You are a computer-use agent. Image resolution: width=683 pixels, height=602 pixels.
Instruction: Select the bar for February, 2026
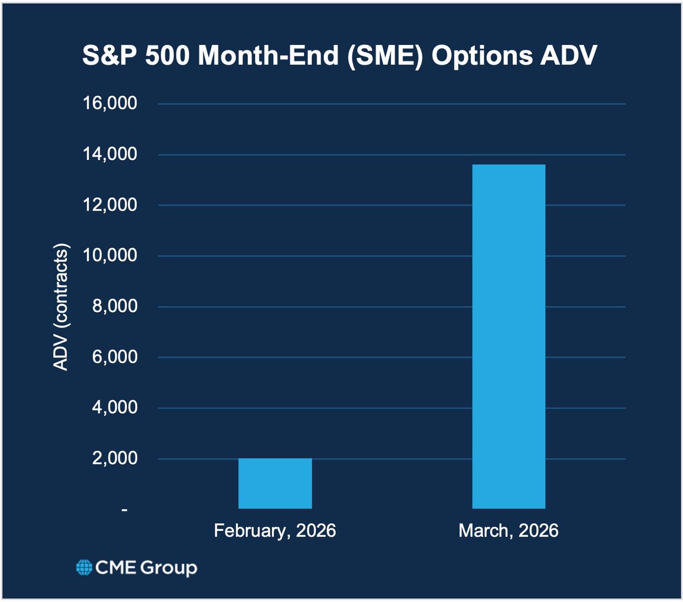coord(275,483)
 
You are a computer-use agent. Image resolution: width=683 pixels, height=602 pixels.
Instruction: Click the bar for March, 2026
coord(509,336)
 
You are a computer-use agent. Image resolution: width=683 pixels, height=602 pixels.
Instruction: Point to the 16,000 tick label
coord(111,104)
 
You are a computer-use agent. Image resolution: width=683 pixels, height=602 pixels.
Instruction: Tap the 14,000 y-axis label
coord(111,154)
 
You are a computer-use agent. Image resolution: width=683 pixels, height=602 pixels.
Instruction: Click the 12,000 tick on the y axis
coord(111,205)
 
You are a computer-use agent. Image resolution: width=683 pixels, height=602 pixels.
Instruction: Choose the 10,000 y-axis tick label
coord(111,256)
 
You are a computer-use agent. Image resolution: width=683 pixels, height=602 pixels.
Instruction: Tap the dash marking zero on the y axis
coord(124,510)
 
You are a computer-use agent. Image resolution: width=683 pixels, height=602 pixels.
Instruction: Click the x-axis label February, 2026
coord(275,531)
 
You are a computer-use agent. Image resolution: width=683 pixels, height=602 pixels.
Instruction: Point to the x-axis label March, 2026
coord(508,531)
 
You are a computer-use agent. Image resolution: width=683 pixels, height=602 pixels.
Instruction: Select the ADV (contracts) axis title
coord(61,308)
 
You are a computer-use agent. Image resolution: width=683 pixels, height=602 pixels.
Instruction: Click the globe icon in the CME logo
coord(84,568)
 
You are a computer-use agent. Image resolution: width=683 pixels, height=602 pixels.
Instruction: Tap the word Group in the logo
coord(170,568)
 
